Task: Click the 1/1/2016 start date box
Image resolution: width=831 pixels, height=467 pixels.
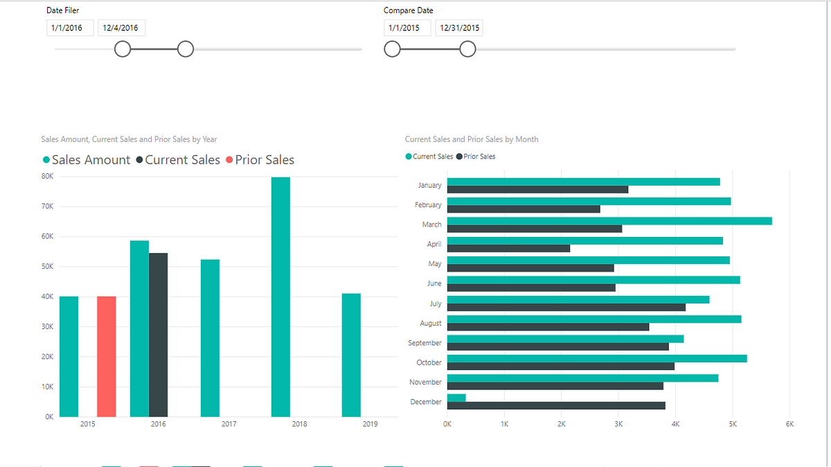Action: tap(70, 28)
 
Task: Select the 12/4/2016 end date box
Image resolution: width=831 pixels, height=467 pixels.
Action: tap(121, 28)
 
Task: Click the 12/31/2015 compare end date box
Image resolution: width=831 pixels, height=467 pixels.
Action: tap(459, 28)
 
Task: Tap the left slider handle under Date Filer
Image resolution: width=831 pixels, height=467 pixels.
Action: tap(123, 49)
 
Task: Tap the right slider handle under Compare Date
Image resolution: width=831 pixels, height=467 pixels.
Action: tap(468, 49)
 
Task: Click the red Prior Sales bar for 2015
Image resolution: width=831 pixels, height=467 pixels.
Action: tap(106, 356)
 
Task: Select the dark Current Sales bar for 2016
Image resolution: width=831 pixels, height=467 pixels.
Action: tap(158, 335)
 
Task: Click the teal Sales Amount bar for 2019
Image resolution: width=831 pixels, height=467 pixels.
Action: tap(351, 355)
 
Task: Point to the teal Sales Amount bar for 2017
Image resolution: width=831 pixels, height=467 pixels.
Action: tap(210, 338)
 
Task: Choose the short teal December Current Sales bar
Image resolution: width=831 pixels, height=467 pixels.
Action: tap(456, 398)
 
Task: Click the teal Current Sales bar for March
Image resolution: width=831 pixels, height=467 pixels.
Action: tap(609, 221)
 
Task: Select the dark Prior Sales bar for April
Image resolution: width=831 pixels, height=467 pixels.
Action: tap(508, 248)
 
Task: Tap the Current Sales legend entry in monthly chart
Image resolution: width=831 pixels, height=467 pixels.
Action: tap(429, 157)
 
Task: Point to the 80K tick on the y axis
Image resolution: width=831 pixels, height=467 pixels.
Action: tap(48, 177)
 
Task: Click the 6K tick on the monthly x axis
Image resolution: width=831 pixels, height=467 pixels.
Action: tap(789, 423)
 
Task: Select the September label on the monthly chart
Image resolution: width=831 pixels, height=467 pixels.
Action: tap(425, 343)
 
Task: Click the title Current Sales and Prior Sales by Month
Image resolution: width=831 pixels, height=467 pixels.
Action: tap(472, 139)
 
